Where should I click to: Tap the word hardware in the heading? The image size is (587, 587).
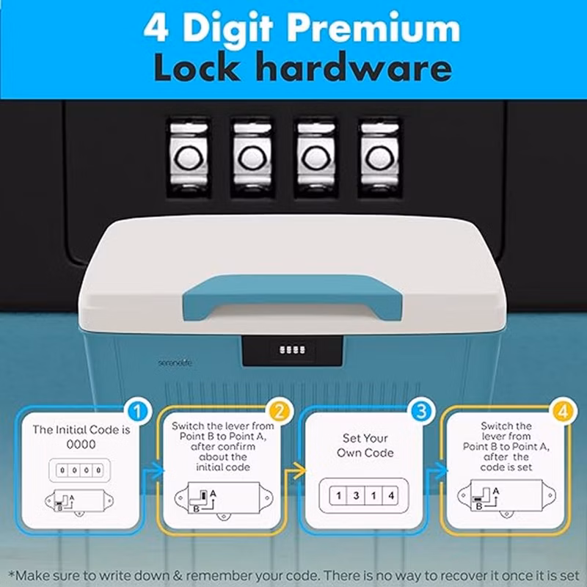355,67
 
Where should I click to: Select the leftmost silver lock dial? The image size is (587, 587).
189,158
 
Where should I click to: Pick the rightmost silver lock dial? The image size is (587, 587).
379,158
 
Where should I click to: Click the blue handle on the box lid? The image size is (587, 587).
292,296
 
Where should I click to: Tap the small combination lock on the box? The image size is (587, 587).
292,351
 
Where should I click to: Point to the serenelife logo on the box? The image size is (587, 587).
175,362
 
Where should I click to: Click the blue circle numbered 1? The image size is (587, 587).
137,412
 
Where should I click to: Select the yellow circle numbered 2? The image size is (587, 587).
280,412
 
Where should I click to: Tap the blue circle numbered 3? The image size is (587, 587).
421,412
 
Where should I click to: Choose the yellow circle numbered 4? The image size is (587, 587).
563,412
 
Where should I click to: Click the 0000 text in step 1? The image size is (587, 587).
81,445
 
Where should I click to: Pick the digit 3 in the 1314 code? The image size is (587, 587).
356,496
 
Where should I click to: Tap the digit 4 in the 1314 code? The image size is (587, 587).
391,496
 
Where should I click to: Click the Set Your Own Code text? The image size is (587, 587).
365,445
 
